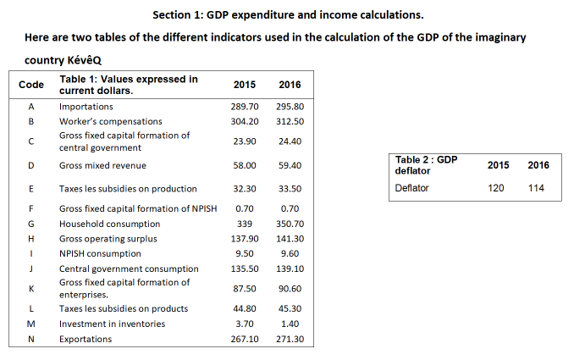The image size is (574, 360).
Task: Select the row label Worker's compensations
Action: (x=104, y=121)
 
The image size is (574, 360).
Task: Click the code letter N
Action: (x=31, y=340)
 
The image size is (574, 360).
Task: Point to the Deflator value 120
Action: (x=496, y=188)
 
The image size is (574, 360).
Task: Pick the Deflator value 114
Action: (x=536, y=188)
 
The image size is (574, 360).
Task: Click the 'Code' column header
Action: (x=31, y=85)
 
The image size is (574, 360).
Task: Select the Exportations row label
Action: (x=86, y=340)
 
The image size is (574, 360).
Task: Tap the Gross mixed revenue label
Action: (x=102, y=165)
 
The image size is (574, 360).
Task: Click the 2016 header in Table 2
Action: (x=538, y=165)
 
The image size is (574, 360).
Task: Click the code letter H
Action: (x=31, y=240)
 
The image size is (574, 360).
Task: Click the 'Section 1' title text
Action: (x=288, y=15)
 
